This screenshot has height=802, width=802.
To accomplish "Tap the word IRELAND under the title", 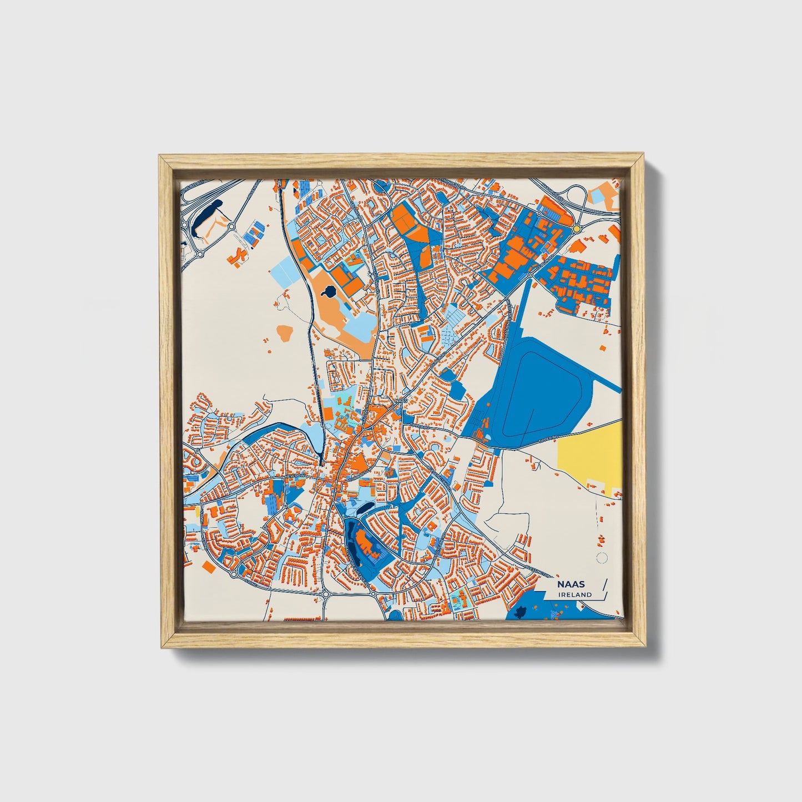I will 576,594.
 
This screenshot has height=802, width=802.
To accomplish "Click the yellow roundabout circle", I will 577,228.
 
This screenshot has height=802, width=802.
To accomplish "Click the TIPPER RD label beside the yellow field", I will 549,442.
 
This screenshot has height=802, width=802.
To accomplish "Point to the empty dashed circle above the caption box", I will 600,558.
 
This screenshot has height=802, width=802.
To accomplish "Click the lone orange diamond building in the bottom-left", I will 209,567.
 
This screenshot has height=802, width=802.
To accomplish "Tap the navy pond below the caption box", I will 521,613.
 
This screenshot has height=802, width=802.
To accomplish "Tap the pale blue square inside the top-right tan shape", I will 597,194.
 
